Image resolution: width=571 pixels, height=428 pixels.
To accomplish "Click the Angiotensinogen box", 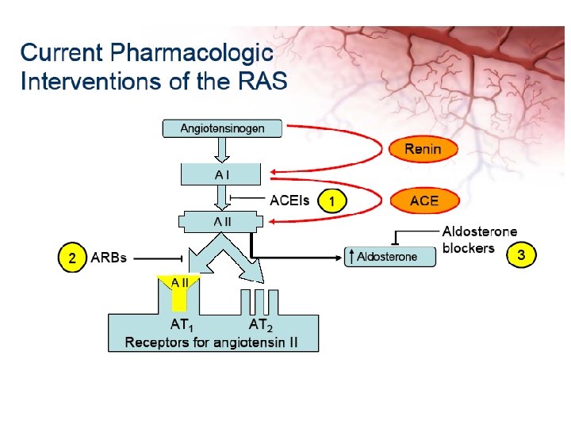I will pos(222,128).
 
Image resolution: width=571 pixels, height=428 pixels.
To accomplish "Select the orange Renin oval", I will pos(423,148).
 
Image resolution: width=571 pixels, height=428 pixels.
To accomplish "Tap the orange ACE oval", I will pos(423,201).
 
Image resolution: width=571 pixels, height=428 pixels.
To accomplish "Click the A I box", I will pos(221,174).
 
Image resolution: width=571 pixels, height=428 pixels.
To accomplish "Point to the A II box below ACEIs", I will pos(221,221).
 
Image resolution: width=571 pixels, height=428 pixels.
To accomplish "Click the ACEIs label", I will pos(289,201).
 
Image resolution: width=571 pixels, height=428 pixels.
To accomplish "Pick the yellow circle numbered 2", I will pos(72,258).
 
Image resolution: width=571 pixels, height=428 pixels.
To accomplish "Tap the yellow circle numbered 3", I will pos(522,255).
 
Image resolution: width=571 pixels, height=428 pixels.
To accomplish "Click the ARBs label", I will pos(109,258).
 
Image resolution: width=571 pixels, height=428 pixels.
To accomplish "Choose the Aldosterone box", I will pos(391,257).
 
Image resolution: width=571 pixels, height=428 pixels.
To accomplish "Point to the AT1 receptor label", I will pos(182,325).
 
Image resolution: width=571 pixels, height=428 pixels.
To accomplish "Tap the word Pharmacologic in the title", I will pos(192,53).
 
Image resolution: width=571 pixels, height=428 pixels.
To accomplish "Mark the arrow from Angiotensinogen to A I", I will pos(221,149).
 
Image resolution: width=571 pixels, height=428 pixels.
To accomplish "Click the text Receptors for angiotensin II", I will pos(213,342).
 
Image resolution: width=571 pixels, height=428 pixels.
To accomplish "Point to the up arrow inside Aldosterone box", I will pos(350,257).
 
